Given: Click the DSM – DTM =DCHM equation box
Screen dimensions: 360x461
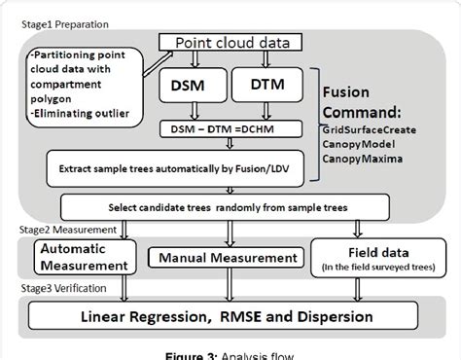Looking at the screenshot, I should click(227, 129).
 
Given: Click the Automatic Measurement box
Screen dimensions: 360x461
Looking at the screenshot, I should click(71, 257).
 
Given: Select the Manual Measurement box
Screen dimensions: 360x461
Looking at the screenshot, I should click(223, 258).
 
